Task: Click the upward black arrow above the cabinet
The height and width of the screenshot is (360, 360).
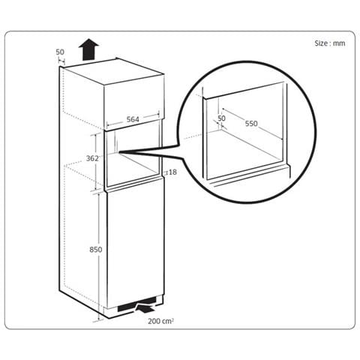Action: point(88,49)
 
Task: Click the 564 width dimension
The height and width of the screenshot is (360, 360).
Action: point(133,119)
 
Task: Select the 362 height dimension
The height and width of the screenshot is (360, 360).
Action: point(92,158)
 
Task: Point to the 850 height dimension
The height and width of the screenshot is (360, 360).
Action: point(96,250)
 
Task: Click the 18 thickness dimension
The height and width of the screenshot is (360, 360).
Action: point(172,172)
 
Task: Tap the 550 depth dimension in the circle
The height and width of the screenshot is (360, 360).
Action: point(251,124)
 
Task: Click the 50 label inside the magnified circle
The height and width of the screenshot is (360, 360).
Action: point(221,118)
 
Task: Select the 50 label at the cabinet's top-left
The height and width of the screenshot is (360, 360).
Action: point(60,52)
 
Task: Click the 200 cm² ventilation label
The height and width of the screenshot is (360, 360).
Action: point(160,321)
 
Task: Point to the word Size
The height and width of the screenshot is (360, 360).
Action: point(321,43)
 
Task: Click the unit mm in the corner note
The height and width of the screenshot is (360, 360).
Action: point(340,43)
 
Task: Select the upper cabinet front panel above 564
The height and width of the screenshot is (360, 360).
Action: point(134,103)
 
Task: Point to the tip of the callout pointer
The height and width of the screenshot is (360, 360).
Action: point(119,151)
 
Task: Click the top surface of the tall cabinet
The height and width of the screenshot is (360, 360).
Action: point(112,72)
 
